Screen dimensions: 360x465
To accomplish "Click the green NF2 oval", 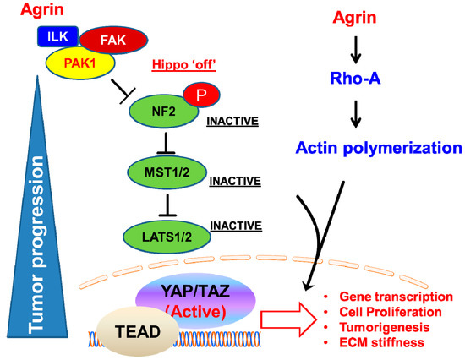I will pos(158,108).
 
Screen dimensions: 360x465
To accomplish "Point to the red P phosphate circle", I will pos(196,95).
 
